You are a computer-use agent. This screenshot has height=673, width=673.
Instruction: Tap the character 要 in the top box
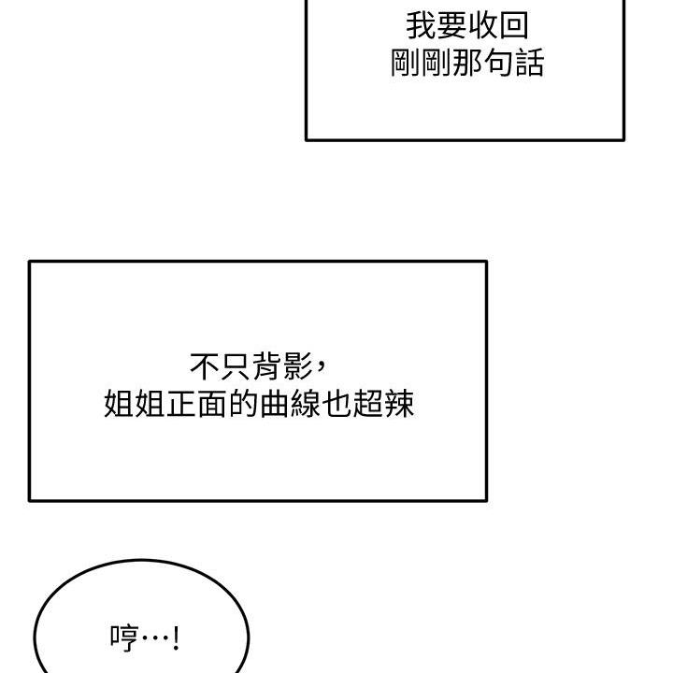coord(452,26)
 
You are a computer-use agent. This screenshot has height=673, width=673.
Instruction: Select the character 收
coord(483,26)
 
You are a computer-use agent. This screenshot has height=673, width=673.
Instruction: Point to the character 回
coord(514,26)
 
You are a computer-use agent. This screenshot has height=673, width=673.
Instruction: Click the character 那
coord(467,63)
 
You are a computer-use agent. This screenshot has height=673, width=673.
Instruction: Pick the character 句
coord(498,63)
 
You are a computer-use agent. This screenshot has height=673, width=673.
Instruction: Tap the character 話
coord(529,63)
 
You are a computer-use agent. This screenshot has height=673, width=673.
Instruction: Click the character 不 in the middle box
coord(205,366)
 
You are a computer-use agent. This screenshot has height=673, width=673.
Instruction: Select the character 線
coord(306,404)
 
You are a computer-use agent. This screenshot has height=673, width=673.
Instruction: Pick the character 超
coord(367,404)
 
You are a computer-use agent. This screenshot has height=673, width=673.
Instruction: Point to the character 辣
coord(399,404)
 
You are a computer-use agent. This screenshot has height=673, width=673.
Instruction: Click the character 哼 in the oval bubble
coord(124,638)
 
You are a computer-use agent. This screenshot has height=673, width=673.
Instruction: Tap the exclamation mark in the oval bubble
coord(176,638)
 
